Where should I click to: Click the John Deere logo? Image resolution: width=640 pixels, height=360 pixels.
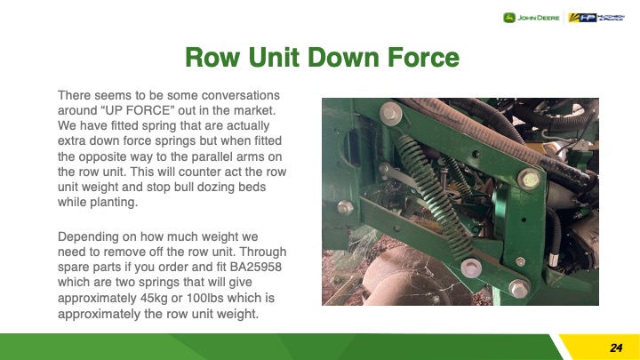pyautogui.click(x=531, y=18)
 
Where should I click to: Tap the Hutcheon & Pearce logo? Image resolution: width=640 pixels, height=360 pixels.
pyautogui.click(x=596, y=18)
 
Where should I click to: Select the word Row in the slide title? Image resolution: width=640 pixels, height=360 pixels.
pyautogui.click(x=212, y=57)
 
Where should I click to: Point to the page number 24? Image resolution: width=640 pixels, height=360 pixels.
pyautogui.click(x=616, y=348)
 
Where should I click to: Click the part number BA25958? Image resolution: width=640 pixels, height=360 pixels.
pyautogui.click(x=255, y=267)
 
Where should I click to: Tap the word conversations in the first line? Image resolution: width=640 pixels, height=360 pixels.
pyautogui.click(x=240, y=95)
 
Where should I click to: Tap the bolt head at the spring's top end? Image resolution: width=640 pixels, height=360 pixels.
pyautogui.click(x=390, y=113)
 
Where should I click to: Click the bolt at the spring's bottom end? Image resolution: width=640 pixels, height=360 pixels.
pyautogui.click(x=471, y=268)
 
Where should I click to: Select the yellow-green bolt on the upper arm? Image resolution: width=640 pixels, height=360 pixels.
pyautogui.click(x=529, y=180)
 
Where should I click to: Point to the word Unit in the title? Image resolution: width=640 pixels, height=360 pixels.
pyautogui.click(x=274, y=57)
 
